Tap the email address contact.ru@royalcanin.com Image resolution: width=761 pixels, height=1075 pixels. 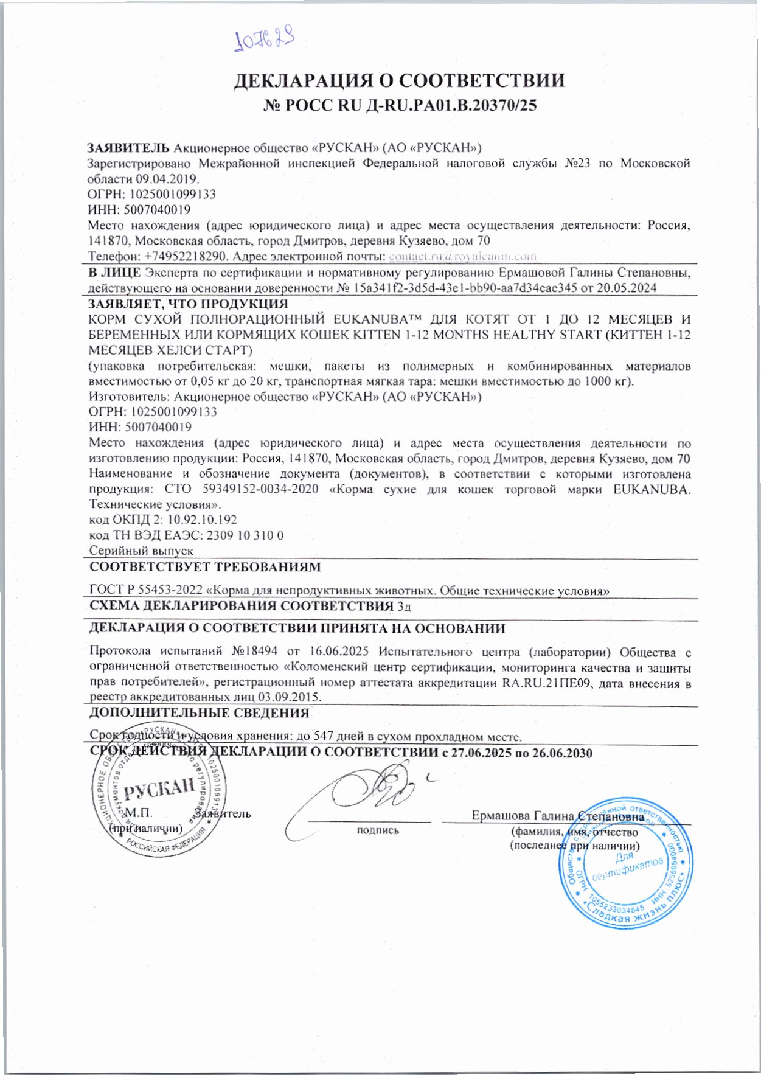coord(462,256)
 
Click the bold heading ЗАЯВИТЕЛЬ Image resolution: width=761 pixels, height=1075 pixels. coord(128,148)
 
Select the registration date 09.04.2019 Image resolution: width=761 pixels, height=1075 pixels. coord(167,179)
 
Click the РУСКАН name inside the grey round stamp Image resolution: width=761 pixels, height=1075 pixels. coord(159,789)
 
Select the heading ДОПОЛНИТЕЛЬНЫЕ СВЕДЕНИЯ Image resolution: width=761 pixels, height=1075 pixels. coord(200,713)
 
